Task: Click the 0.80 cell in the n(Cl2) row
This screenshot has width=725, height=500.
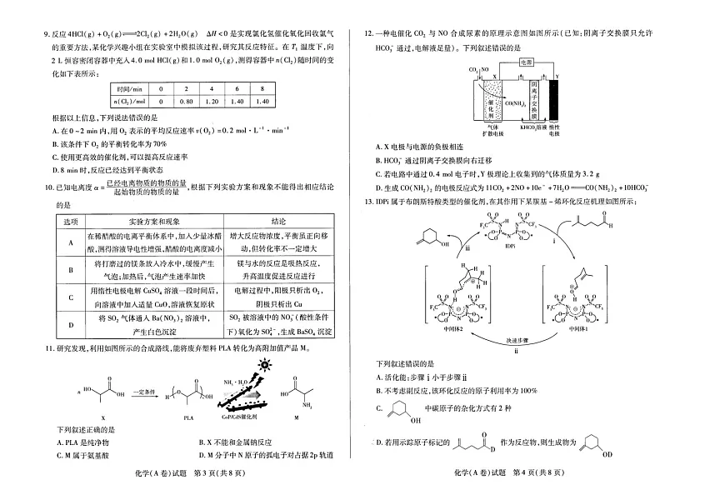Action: click(x=187, y=101)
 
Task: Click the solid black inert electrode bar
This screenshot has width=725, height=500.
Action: click(x=553, y=99)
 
